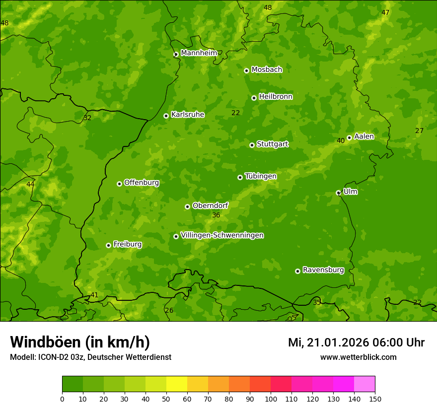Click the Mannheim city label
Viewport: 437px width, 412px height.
coord(199,53)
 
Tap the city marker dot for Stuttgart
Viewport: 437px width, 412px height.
coord(252,145)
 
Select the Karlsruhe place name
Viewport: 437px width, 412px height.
coord(188,115)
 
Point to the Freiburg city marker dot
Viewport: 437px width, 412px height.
coord(108,245)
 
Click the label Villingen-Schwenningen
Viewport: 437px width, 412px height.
coord(222,235)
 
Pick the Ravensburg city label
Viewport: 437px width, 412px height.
coord(323,270)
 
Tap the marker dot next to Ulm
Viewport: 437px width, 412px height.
coord(338,193)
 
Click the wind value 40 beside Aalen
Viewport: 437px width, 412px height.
coord(341,141)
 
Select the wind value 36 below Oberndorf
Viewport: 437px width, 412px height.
coord(216,215)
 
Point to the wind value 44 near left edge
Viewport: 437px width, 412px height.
coord(30,184)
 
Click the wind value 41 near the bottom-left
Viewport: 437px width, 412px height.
coord(94,295)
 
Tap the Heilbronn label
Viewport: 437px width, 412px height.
coord(276,97)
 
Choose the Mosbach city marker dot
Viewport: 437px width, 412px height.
coord(246,70)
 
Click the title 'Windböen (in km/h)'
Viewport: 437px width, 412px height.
coord(80,342)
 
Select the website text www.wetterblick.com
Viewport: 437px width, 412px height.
coord(358,357)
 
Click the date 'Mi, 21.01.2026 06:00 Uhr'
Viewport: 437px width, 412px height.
coord(356,343)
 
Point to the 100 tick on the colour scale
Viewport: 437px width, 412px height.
coord(271,399)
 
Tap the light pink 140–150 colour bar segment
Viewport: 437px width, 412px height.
coord(364,384)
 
